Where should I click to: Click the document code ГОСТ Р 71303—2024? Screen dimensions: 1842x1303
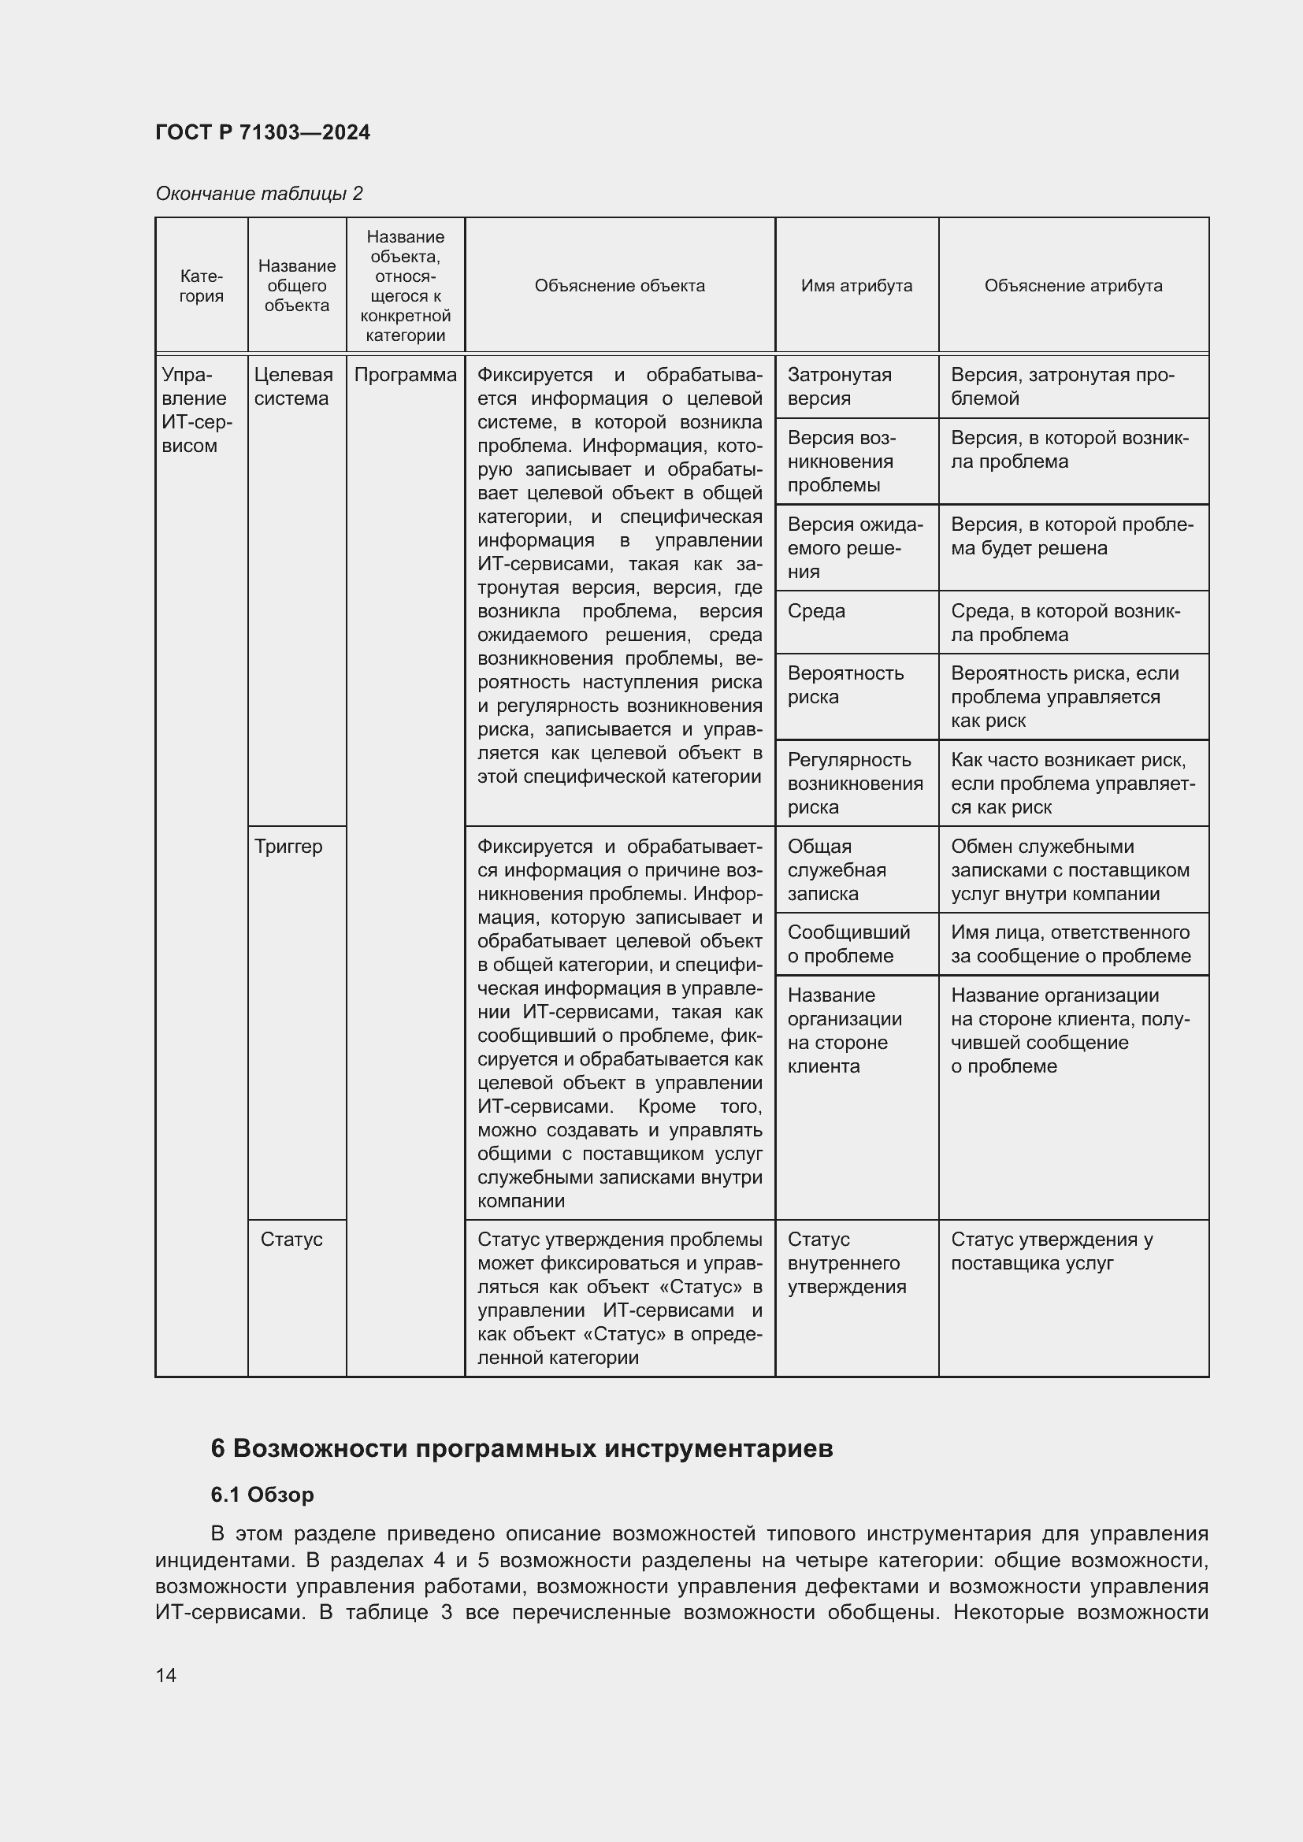pos(262,132)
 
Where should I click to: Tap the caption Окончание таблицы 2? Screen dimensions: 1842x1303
pos(258,194)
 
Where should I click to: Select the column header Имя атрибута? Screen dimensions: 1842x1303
pos(856,286)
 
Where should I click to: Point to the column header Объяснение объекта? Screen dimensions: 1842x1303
pos(619,286)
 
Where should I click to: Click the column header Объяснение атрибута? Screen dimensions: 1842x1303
pos(1073,286)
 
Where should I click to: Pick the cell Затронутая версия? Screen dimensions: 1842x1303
pos(839,387)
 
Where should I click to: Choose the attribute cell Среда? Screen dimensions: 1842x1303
pos(816,611)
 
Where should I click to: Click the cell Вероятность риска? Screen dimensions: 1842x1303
pos(845,685)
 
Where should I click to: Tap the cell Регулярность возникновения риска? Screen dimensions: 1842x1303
pos(855,783)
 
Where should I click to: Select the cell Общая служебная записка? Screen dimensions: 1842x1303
pos(836,869)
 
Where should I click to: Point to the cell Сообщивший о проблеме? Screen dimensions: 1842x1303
pos(848,944)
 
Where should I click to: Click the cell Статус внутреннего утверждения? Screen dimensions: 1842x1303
pos(846,1262)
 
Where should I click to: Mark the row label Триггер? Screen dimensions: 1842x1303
pos(288,847)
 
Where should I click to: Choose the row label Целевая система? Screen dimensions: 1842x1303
pos(293,387)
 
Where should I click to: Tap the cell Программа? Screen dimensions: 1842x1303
pos(405,376)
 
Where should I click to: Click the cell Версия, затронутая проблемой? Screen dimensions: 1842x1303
pos(1061,387)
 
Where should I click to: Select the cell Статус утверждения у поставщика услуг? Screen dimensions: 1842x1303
pos(1051,1251)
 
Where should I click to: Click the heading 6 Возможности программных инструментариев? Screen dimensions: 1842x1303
pos(522,1449)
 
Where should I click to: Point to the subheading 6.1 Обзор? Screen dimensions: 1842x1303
pos(262,1495)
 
